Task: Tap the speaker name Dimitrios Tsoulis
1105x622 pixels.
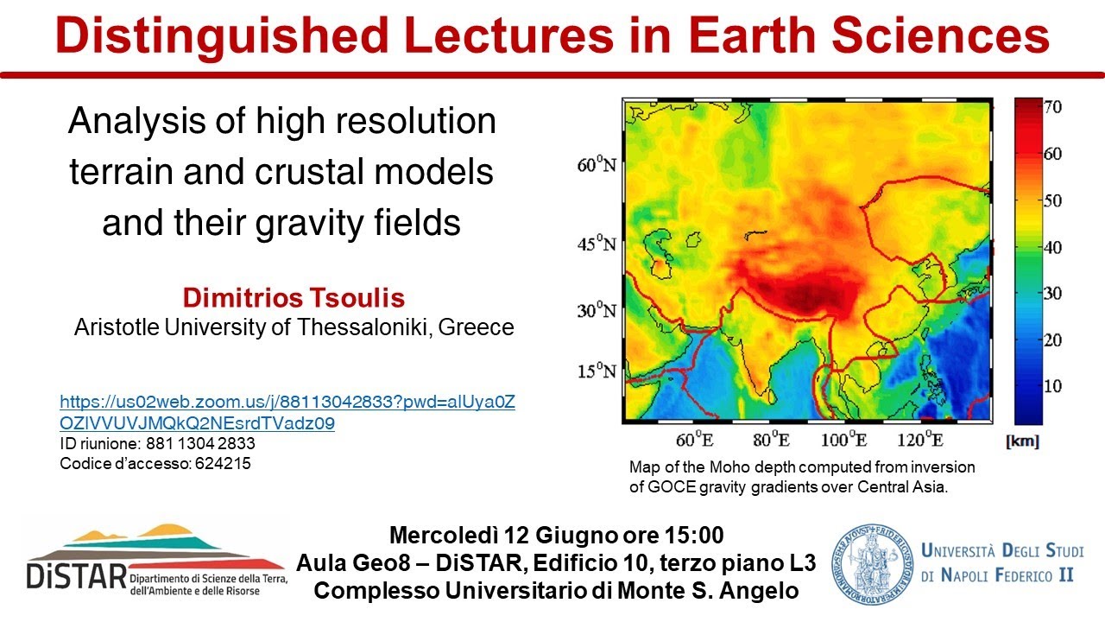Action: pos(294,299)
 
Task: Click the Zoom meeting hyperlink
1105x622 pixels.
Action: pos(287,413)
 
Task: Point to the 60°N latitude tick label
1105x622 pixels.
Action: pos(597,164)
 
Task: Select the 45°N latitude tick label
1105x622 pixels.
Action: pos(597,244)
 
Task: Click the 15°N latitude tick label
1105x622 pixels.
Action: pos(597,371)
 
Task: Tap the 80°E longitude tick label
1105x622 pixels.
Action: pos(771,440)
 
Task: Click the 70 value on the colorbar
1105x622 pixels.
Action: pos(1052,108)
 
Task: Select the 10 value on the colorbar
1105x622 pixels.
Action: pos(1052,385)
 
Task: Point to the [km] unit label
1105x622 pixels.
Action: pos(1023,441)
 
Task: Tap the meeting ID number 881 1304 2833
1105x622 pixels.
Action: pos(193,443)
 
